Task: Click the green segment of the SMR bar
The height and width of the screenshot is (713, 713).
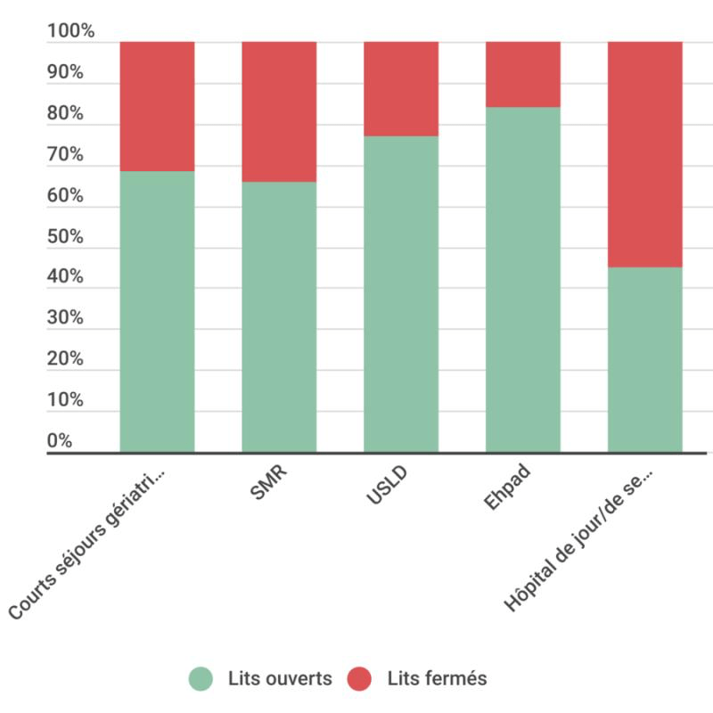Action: pos(279,316)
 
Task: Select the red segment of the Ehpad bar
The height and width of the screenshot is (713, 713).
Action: pos(522,74)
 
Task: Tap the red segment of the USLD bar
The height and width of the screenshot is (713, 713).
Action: pos(401,88)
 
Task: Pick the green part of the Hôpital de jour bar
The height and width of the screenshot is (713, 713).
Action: pos(644,359)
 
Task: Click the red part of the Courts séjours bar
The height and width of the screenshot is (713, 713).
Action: pos(157,106)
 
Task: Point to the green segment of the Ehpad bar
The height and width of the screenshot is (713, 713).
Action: pos(522,279)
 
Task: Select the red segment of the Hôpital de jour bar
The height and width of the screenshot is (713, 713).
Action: pos(644,154)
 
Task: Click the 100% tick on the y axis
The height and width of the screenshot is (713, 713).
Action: pos(70,32)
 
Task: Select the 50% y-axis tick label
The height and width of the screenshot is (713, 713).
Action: pos(65,237)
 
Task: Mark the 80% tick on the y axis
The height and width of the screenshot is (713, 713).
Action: pos(65,114)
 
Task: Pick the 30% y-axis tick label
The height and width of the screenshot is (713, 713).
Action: pos(65,319)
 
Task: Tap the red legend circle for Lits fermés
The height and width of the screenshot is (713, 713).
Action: pos(360,679)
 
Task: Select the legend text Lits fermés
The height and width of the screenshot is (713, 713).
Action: pos(437,679)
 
